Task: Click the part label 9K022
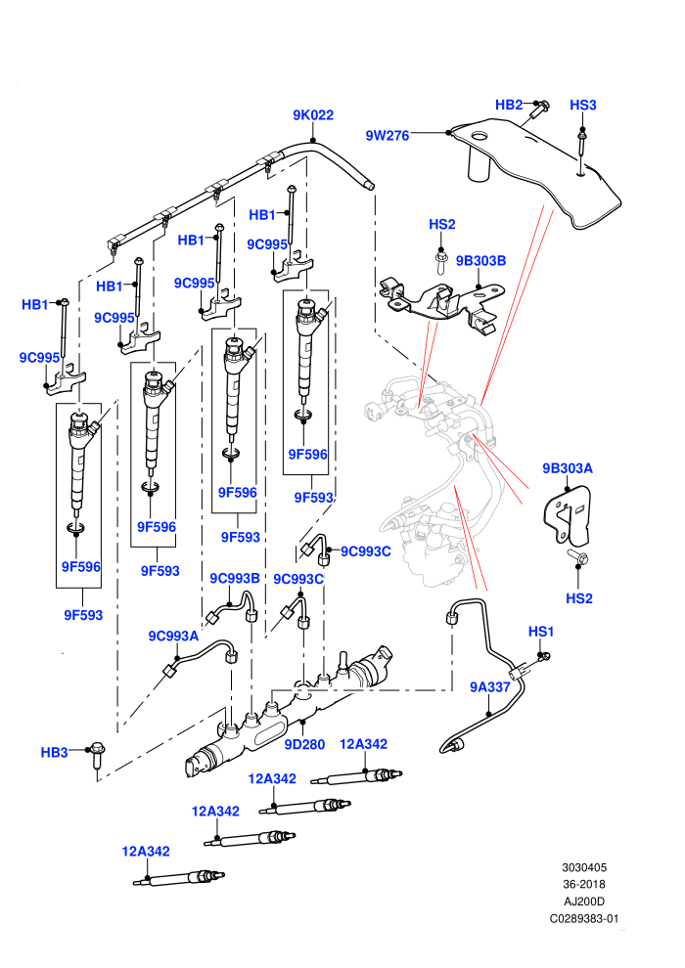313,114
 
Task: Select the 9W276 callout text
388,135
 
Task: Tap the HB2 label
509,105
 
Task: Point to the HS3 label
583,105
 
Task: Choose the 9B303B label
481,260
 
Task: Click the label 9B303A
568,468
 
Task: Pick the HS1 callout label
541,632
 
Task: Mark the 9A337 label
490,687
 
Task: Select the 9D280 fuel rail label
304,744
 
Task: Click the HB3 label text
55,753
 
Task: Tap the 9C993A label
173,636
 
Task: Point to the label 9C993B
235,579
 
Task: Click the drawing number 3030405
584,867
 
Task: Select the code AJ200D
584,902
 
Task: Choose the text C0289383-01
584,918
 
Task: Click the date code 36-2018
584,884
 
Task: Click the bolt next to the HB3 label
96,755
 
